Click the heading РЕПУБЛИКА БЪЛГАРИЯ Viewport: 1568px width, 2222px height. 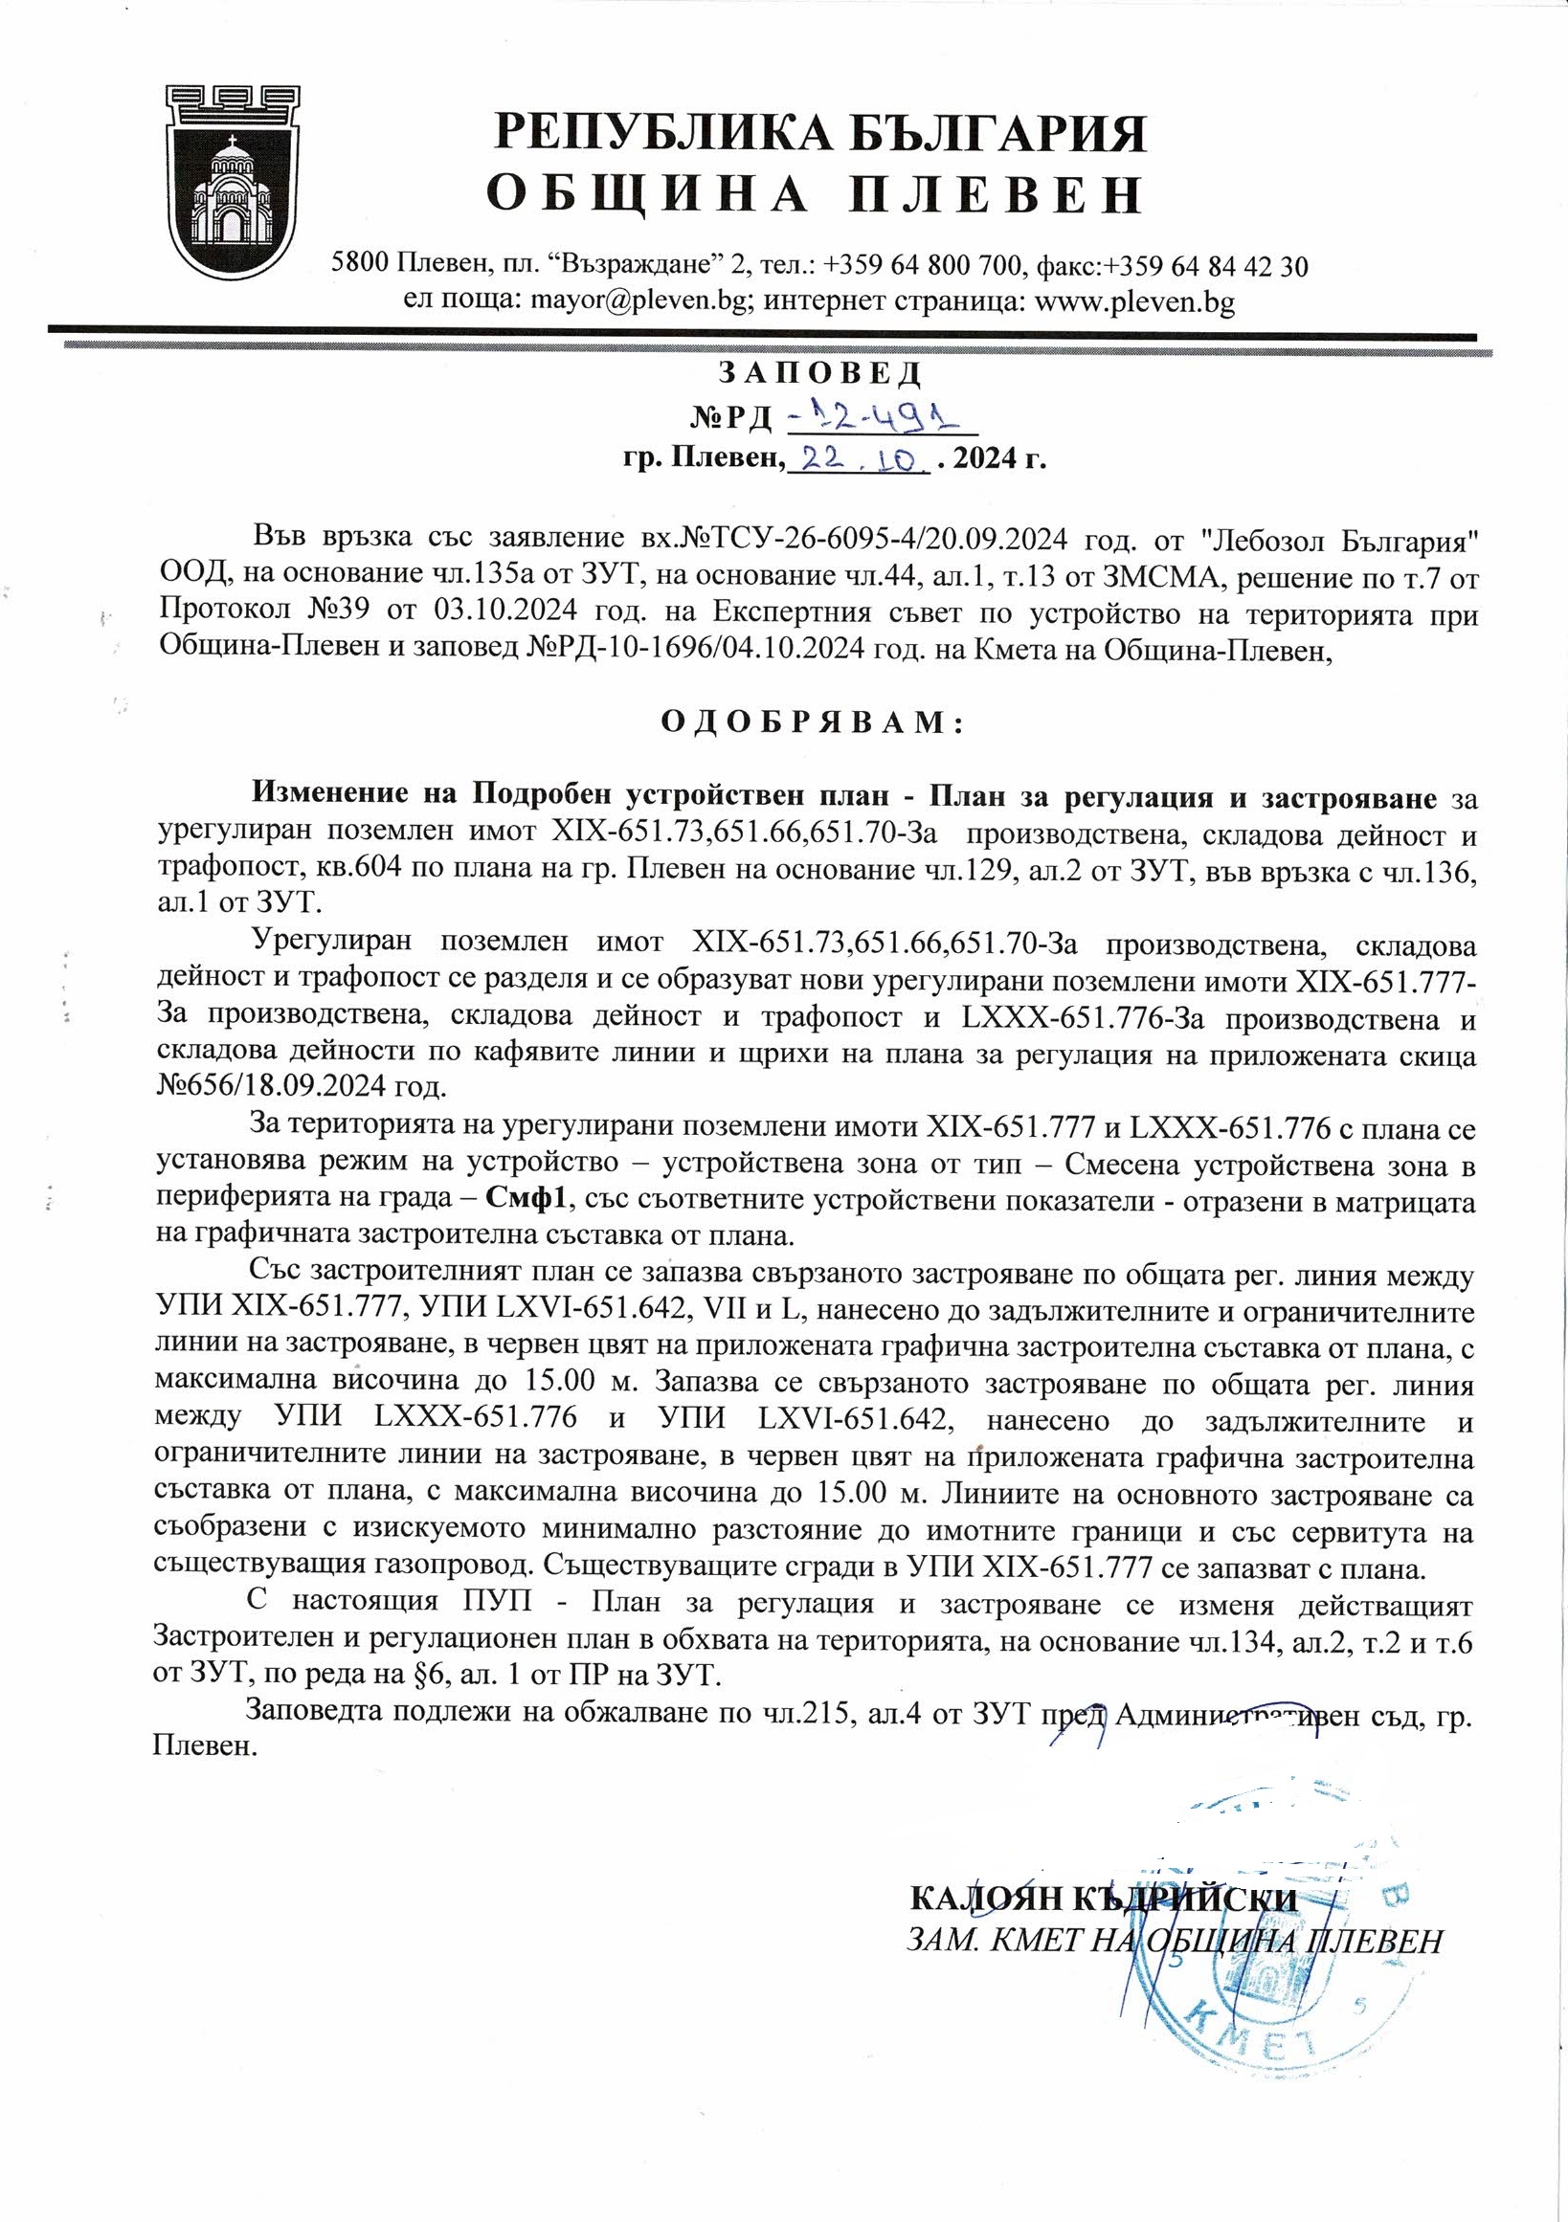click(820, 133)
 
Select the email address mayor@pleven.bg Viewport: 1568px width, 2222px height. click(639, 302)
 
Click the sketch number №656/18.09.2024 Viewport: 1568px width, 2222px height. click(301, 1085)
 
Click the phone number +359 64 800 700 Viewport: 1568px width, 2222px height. click(928, 265)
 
